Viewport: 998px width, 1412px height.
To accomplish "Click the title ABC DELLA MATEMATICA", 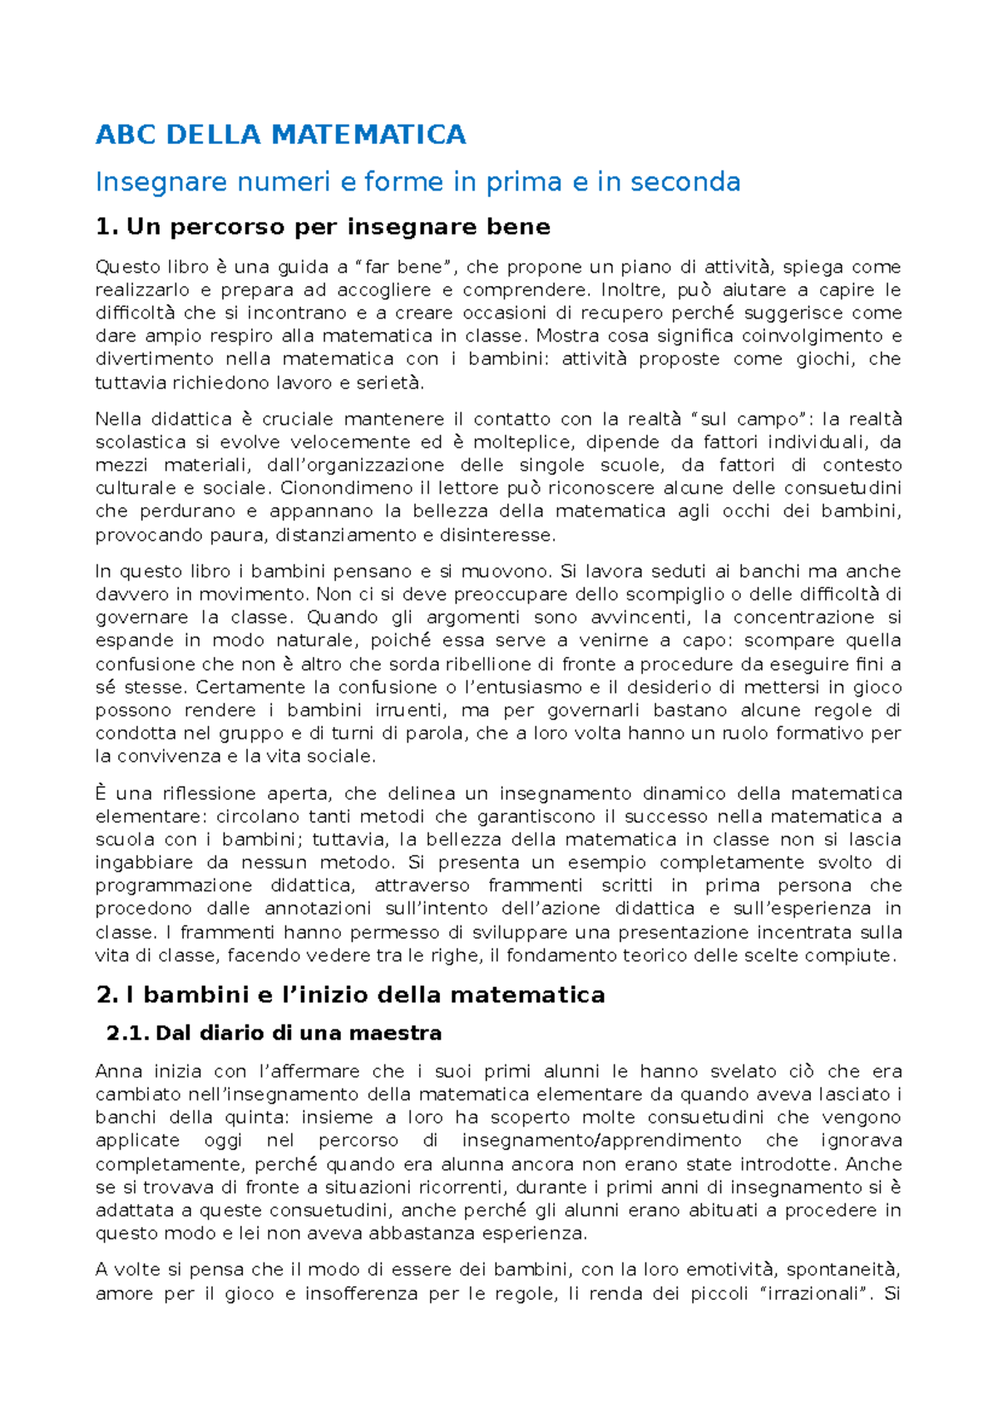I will [280, 135].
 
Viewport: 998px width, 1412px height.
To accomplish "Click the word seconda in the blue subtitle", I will [684, 181].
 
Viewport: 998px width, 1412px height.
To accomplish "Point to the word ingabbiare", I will [144, 862].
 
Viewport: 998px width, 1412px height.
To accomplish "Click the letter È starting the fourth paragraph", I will [101, 793].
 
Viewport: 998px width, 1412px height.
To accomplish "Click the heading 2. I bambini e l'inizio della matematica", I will [350, 995].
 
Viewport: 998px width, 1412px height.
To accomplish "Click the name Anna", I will [113, 1072].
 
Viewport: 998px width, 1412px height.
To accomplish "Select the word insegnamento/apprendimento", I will [601, 1141].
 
